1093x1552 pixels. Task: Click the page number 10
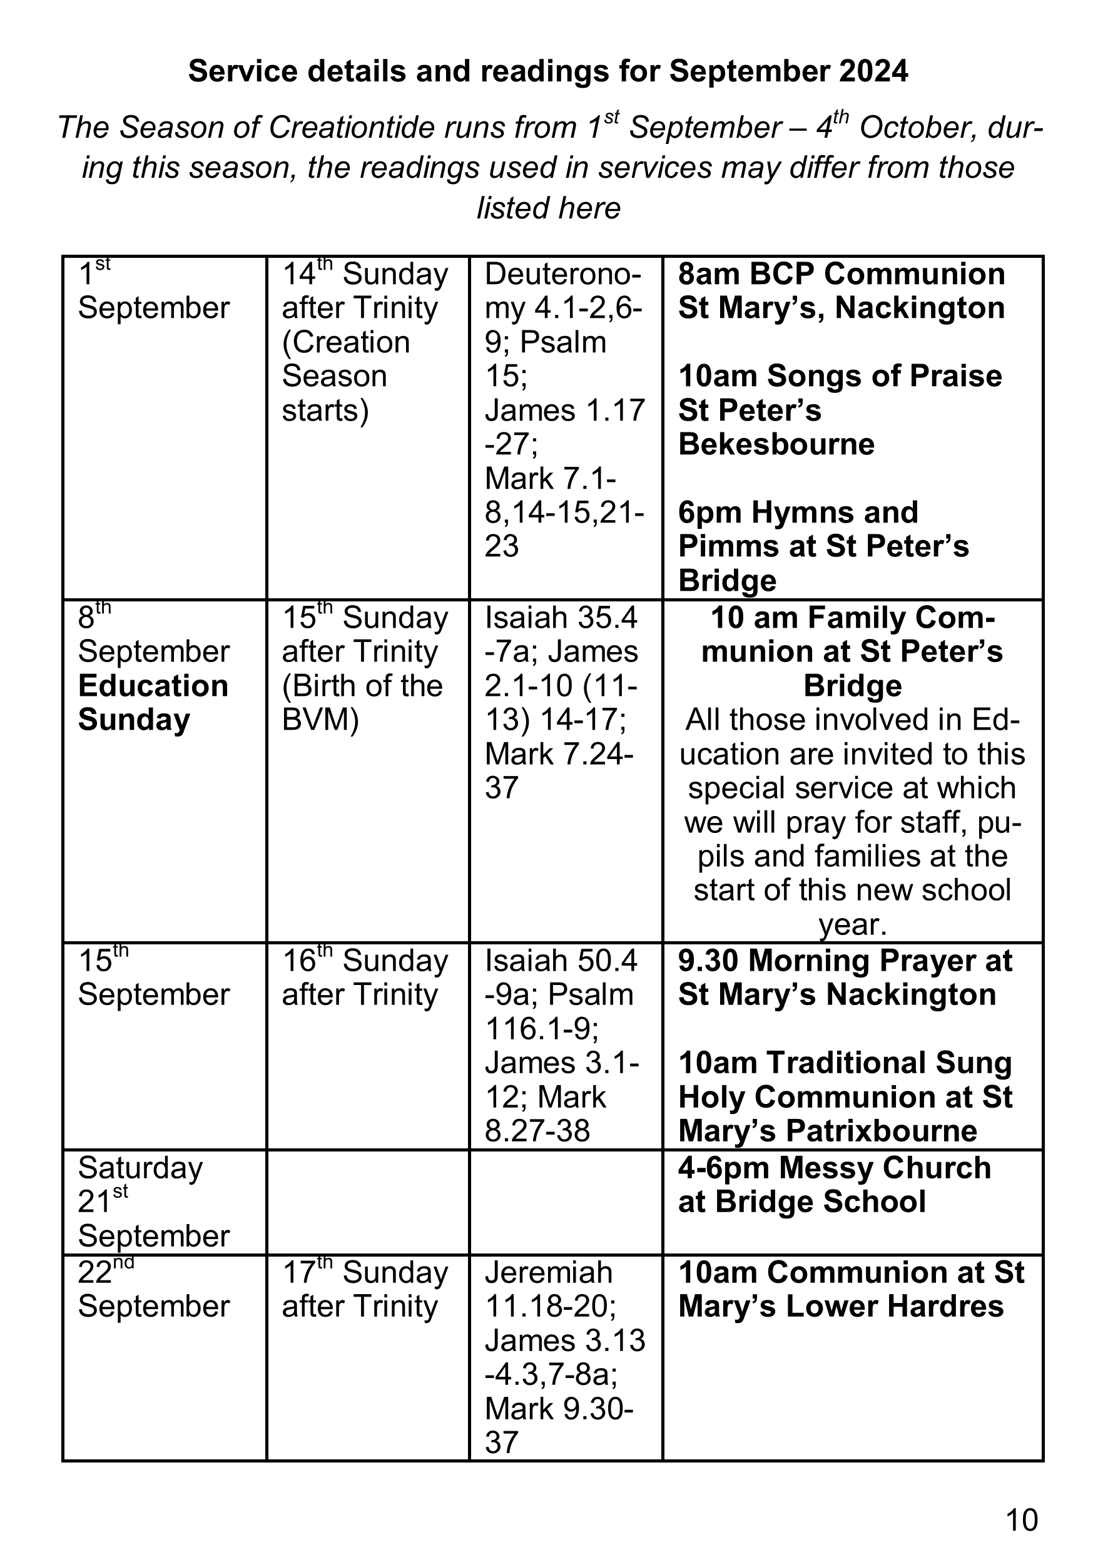point(1021,1519)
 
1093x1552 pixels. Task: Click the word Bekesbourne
point(776,444)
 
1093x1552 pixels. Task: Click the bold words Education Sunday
point(153,703)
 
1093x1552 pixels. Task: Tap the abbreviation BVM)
point(320,720)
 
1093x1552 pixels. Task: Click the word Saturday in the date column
point(140,1168)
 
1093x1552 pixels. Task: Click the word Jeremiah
point(548,1273)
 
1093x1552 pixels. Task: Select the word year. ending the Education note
point(852,925)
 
